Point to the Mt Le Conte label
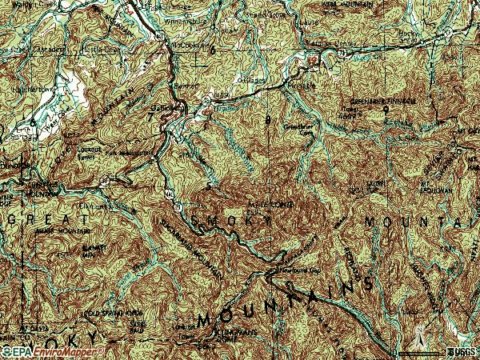click(274, 206)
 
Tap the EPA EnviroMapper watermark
click(53, 350)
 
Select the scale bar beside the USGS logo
click(420, 352)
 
